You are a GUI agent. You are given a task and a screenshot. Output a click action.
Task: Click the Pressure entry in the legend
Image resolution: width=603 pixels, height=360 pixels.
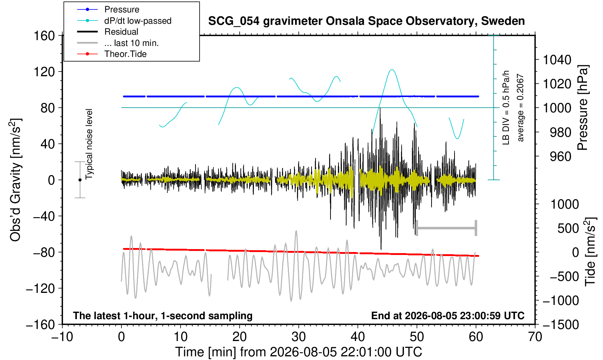point(122,10)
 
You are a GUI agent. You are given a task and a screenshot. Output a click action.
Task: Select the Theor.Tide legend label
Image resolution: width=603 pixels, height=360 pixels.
point(125,54)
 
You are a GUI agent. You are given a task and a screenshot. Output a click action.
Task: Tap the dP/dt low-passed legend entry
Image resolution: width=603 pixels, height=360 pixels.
point(138,21)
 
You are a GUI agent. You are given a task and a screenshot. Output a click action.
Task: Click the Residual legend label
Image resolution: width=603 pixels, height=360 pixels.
point(121,32)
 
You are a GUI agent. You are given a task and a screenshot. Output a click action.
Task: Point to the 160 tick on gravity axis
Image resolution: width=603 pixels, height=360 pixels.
point(44,36)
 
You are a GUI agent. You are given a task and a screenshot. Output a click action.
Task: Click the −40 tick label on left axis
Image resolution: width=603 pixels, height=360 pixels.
point(44,216)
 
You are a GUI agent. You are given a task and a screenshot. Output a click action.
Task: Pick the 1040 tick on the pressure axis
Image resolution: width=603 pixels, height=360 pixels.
point(557,60)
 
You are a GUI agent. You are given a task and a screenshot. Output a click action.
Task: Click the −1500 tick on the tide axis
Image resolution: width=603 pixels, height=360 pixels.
point(561,325)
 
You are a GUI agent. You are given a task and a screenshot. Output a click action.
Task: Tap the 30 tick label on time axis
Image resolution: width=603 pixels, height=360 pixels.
point(298,337)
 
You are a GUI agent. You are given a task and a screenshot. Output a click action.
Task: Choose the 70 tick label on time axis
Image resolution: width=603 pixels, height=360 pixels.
point(535,337)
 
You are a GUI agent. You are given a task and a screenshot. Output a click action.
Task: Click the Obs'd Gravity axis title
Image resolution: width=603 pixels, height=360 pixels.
point(15,180)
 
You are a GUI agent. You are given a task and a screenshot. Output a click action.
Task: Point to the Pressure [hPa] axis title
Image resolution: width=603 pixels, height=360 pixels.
point(583,108)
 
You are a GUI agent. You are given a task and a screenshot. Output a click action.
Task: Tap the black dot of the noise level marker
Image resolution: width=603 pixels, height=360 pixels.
point(80,180)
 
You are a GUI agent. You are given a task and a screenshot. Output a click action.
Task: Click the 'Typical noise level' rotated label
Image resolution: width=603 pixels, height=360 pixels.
point(89,144)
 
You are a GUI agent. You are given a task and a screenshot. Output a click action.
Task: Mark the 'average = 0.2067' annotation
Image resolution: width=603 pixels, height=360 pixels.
point(521,108)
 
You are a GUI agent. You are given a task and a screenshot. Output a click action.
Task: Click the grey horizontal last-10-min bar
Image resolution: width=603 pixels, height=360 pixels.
point(447,228)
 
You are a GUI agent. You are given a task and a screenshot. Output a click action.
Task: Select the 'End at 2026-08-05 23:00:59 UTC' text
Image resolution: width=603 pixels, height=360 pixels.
point(448,316)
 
